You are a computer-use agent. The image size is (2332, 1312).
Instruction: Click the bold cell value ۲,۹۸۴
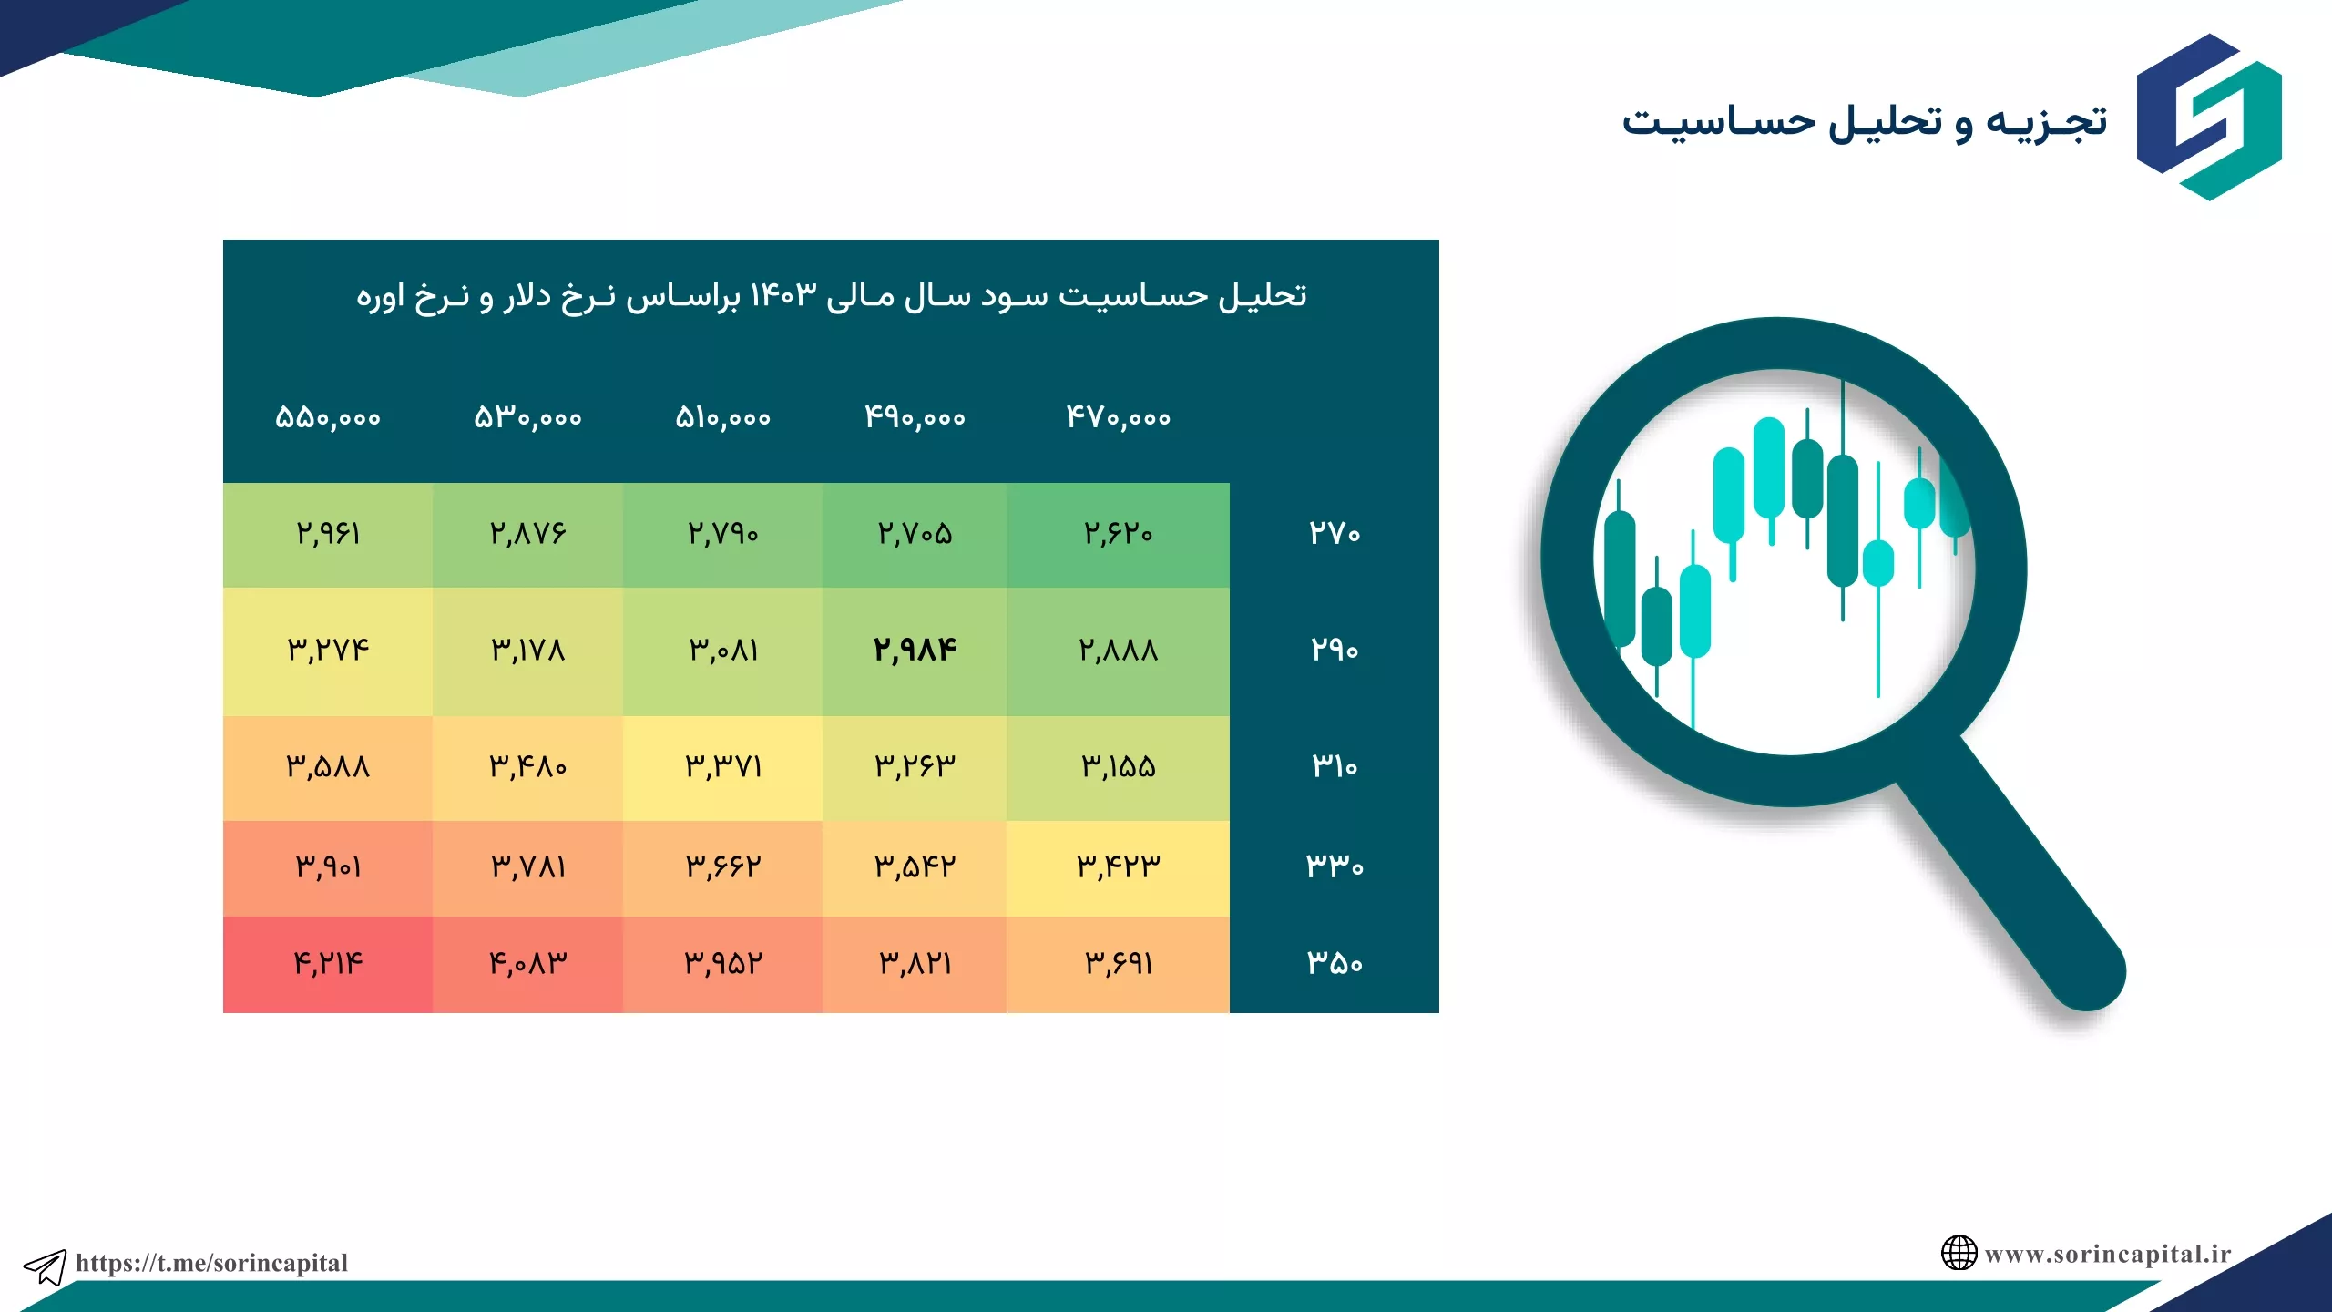[x=915, y=650]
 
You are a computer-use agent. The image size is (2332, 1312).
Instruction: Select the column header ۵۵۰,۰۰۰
[x=328, y=418]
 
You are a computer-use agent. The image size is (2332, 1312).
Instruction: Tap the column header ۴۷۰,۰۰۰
[x=1119, y=418]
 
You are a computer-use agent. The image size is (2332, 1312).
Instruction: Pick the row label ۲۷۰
[x=1335, y=533]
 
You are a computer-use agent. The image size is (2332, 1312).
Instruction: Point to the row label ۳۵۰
[x=1335, y=963]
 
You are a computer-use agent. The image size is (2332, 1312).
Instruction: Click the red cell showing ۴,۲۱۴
[x=328, y=964]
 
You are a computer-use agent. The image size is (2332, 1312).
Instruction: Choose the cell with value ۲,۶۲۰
[x=1118, y=534]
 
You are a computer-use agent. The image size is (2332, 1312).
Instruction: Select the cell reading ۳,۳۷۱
[x=723, y=767]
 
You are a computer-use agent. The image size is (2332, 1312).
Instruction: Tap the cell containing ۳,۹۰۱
[x=328, y=867]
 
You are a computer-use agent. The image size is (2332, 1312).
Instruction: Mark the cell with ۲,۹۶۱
[x=328, y=534]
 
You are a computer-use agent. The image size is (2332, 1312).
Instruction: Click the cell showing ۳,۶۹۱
[x=1118, y=964]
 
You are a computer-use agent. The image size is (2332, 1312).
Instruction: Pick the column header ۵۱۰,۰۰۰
[x=723, y=418]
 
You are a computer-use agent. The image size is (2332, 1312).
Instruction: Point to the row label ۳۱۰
[x=1335, y=766]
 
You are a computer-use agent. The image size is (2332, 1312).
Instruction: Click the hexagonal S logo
[x=2209, y=117]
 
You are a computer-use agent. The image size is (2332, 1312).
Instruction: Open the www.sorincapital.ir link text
[x=2108, y=1255]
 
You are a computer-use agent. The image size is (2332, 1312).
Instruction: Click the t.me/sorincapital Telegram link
[x=211, y=1263]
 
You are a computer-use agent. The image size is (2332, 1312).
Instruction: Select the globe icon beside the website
[x=1959, y=1253]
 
